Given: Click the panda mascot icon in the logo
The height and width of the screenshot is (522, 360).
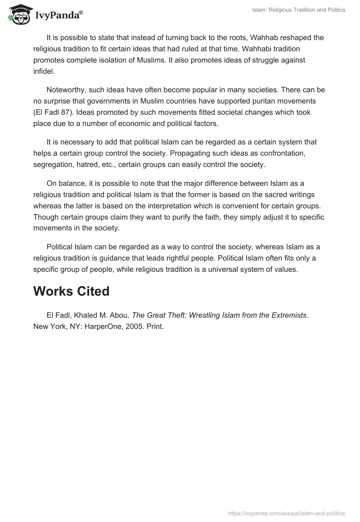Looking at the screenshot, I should coord(18,15).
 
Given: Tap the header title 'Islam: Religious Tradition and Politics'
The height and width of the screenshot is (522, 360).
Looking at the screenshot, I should coord(298,10).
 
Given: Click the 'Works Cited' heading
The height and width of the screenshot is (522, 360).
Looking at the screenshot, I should coord(71,291).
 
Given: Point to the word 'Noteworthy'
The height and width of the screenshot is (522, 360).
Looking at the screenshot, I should coord(66,90).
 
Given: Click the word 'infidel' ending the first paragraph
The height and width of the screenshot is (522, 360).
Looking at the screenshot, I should coord(43,71).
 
